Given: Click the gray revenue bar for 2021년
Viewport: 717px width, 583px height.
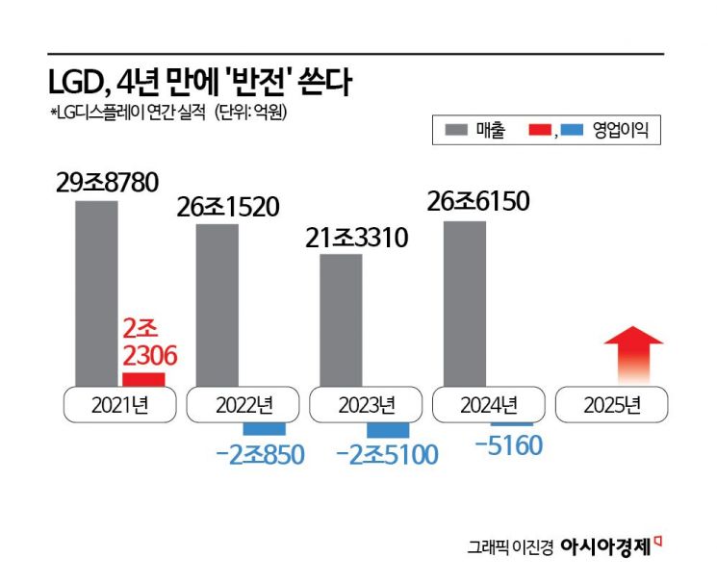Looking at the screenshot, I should pos(96,293).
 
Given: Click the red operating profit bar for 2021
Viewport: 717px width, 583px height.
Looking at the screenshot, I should pos(143,379).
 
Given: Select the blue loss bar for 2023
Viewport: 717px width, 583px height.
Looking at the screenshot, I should pos(388,430).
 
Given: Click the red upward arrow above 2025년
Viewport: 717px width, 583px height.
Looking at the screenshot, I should pos(632,355).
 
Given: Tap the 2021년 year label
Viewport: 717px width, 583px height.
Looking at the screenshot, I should pos(119,405).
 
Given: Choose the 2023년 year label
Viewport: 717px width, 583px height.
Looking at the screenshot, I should pos(366,405).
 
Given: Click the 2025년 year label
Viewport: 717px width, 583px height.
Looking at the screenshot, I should pos(612,405).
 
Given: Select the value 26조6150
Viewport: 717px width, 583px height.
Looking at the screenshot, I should pos(478,202).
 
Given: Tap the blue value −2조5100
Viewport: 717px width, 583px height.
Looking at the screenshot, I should pos(387,454).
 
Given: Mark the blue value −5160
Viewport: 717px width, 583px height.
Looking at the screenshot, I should pos(510,445).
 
